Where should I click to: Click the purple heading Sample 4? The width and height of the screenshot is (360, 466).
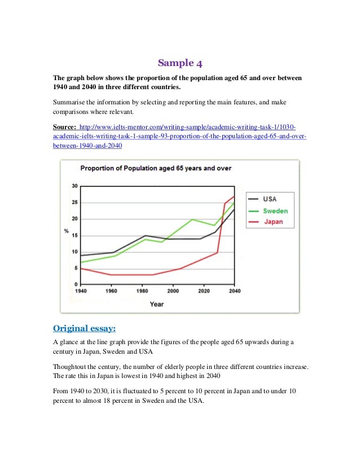pos(179,62)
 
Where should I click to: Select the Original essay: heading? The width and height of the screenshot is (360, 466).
pos(85,328)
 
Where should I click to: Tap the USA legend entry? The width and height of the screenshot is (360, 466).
pos(269,199)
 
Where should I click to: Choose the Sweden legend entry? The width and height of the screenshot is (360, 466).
pos(275,210)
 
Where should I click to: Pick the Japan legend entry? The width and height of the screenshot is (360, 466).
pos(273,222)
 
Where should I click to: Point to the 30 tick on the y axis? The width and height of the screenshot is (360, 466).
pos(74,186)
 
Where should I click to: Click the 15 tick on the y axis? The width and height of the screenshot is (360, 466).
pos(74,235)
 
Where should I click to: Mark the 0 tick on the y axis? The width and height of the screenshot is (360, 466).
pos(76,284)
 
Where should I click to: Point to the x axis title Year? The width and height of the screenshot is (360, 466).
pos(157,304)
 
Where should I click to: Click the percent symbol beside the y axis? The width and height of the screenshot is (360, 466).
pos(66,231)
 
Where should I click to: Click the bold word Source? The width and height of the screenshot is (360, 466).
pos(64,127)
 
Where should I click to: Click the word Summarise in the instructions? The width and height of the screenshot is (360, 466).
pos(71,103)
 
